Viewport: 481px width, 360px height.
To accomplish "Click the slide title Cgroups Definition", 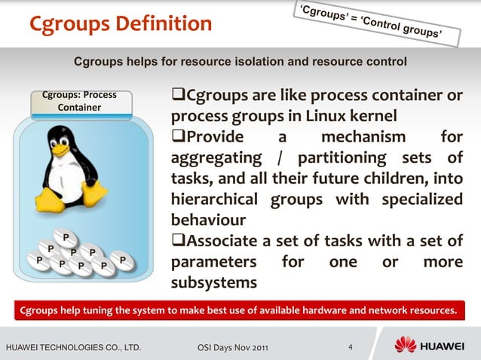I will (121, 24).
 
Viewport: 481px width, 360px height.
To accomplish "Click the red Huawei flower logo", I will (406, 346).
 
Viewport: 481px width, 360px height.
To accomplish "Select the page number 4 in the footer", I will (351, 347).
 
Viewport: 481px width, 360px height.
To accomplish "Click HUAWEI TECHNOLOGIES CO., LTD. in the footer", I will (73, 347).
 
